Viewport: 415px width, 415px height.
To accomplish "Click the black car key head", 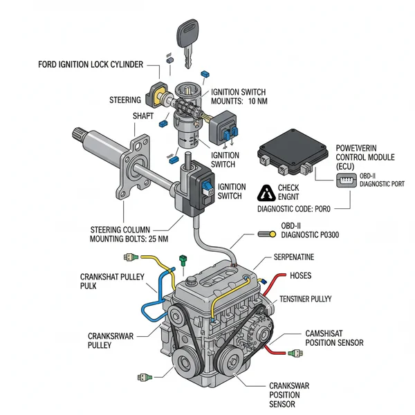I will [x=188, y=31].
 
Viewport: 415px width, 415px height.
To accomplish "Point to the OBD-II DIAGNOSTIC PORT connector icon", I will [x=343, y=180].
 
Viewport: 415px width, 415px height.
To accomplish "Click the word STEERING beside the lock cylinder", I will [x=125, y=100].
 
